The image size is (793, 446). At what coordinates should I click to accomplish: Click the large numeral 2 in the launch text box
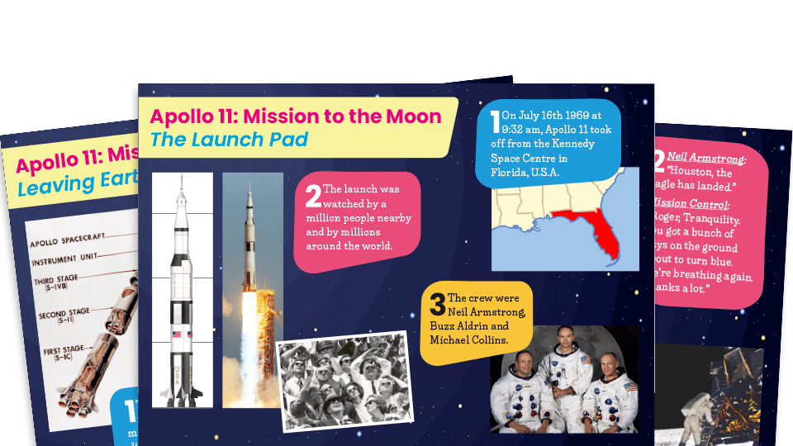tap(312, 195)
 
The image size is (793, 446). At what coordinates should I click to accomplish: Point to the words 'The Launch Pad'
tap(229, 139)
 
